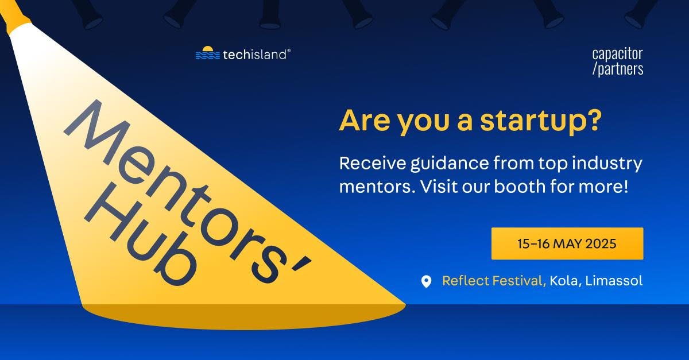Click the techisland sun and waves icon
(208, 53)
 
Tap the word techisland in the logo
(255, 55)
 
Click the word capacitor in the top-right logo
(617, 54)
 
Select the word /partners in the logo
(618, 69)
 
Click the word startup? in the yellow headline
(541, 121)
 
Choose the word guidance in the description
(450, 164)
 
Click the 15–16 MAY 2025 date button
(567, 243)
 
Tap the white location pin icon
(426, 281)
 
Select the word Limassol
(614, 281)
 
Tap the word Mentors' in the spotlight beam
(188, 191)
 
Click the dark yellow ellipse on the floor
(243, 317)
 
